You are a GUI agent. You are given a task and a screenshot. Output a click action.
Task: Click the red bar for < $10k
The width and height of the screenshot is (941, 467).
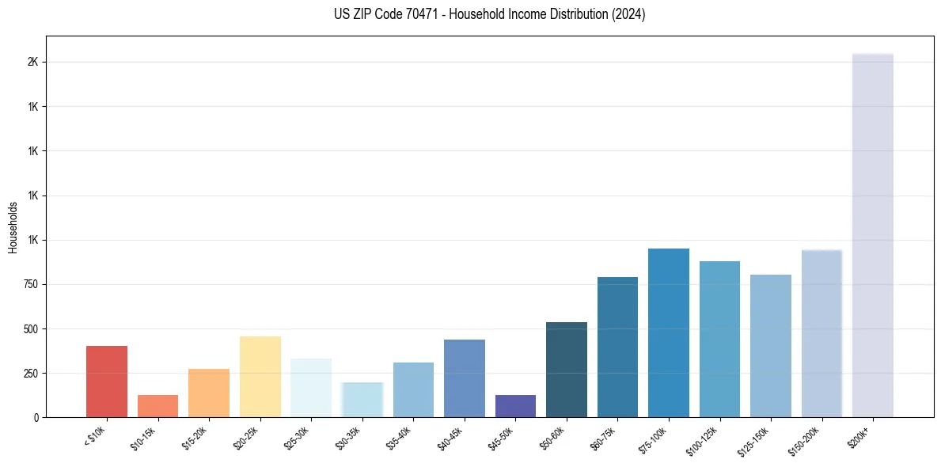point(107,382)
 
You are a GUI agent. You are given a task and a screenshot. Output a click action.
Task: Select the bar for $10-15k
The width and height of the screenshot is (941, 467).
point(157,406)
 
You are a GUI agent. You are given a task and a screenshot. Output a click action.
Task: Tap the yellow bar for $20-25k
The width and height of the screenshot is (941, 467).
point(260,377)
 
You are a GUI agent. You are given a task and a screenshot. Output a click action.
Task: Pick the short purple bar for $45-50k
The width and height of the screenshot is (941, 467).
point(515,406)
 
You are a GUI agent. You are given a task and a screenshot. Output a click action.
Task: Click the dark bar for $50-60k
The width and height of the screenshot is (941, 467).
point(567,370)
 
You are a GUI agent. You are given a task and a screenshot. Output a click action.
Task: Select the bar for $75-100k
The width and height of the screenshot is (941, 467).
point(668,333)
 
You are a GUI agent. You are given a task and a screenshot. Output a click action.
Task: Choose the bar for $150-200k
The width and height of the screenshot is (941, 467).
point(821,333)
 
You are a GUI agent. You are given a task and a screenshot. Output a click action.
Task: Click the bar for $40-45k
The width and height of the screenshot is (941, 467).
point(465,378)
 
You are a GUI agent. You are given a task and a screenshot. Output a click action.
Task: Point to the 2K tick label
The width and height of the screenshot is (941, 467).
point(34,63)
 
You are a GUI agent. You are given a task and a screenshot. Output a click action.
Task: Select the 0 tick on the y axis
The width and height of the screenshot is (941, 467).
point(36,417)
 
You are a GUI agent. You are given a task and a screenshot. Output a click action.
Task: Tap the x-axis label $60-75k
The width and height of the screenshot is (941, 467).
point(602,437)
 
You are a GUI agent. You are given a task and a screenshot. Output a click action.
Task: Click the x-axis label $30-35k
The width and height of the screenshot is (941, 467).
point(347,437)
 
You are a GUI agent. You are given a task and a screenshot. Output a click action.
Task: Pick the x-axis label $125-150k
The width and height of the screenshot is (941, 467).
point(753,439)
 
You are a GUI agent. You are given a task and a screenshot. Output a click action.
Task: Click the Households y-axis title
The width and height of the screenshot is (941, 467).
point(13,227)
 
